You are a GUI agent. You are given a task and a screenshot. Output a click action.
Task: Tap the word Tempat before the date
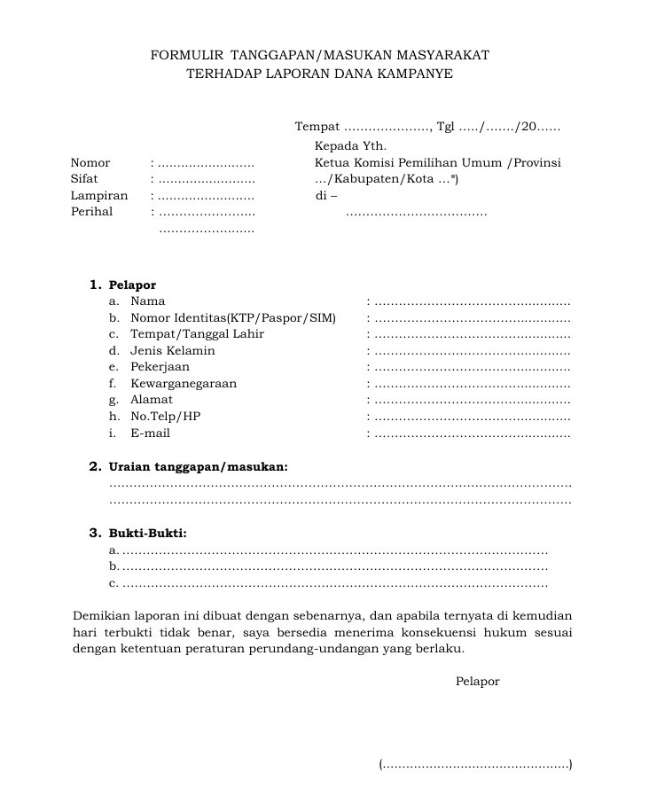[x=317, y=128]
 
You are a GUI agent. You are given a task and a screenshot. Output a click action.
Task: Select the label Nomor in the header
[x=90, y=163]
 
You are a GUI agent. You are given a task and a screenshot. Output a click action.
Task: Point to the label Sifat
[x=84, y=179]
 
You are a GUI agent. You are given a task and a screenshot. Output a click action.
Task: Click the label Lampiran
[x=99, y=196]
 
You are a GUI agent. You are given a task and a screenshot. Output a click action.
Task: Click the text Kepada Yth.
[x=350, y=146]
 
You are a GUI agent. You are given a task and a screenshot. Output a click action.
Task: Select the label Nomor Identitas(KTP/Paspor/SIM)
[x=233, y=318]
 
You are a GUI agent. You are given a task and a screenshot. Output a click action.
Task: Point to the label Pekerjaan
[x=160, y=367]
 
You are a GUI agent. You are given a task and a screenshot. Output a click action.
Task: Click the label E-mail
[x=150, y=433]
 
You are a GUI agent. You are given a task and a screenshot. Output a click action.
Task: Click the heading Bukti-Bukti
[x=148, y=534]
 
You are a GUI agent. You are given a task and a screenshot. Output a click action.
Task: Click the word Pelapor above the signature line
[x=478, y=682]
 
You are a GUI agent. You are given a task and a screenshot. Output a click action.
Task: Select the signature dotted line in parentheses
[x=475, y=765]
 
